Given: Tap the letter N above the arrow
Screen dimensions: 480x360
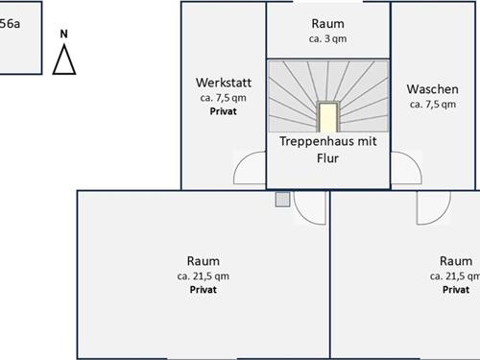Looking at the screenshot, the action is [64, 34].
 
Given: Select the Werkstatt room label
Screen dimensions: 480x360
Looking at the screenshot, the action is [224, 83].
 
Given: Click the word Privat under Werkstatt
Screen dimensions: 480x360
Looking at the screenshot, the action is [223, 111].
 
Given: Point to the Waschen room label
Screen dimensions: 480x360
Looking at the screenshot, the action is [432, 89].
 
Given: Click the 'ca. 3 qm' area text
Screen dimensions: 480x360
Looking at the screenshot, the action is [327, 38].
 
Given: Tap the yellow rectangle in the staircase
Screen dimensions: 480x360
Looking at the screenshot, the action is [328, 117].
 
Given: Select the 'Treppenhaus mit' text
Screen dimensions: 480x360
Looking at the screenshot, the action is [327, 141].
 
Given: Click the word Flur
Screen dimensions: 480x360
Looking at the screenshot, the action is [327, 158].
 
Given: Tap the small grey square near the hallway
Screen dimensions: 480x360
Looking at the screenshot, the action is [282, 200].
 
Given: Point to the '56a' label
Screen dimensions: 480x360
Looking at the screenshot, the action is [10, 24].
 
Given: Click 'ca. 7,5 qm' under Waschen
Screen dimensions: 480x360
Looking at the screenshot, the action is [433, 105].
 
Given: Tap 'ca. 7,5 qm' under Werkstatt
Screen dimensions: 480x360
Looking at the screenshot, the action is [223, 98].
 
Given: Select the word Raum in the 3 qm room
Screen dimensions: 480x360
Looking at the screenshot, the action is [327, 24].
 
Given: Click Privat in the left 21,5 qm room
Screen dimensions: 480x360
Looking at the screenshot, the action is [204, 290].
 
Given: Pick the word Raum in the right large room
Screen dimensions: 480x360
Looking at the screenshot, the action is [456, 261].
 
